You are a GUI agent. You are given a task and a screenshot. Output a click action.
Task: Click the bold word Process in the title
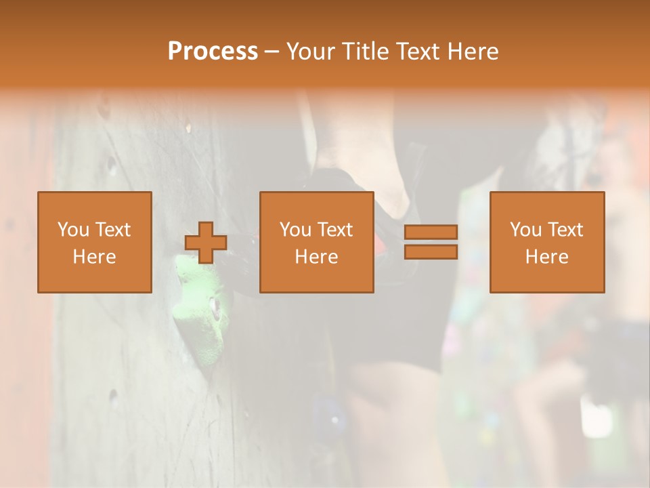(213, 52)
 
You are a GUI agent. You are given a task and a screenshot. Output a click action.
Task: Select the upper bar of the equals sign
(431, 232)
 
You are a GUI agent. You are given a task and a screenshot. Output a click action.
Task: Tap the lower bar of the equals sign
(431, 252)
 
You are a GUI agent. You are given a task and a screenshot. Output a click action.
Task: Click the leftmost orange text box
(94, 242)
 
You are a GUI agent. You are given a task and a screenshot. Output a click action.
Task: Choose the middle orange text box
(316, 242)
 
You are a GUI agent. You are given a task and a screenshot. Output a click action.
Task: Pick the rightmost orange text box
(546, 242)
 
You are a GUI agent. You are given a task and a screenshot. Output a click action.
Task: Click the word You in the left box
(72, 230)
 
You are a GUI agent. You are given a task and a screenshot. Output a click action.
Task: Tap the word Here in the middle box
(316, 257)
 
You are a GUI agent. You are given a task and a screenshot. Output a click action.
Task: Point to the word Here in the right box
(546, 257)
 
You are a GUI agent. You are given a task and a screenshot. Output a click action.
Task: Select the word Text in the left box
(112, 230)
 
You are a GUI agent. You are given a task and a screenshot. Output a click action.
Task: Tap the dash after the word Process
(272, 52)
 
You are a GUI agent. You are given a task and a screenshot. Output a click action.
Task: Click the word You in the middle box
(295, 230)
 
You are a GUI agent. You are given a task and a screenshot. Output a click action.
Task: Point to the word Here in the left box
(94, 257)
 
